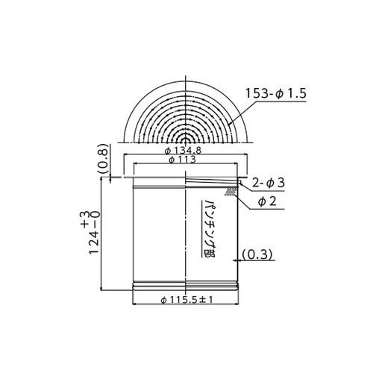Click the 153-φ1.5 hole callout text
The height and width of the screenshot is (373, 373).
coord(276,93)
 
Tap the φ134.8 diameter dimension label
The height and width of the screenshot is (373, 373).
coord(184,150)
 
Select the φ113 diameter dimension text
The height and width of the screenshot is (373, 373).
coord(182,160)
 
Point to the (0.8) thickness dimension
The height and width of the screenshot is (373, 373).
coord(103,159)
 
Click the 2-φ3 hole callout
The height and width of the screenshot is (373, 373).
coord(268,183)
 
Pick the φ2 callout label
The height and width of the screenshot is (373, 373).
coord(267,201)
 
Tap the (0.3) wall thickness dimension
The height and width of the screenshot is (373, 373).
coord(257,254)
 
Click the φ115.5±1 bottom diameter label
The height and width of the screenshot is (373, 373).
coord(186,300)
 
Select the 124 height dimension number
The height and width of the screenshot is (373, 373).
coord(94,242)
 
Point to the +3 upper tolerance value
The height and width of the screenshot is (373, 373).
coord(85,219)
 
